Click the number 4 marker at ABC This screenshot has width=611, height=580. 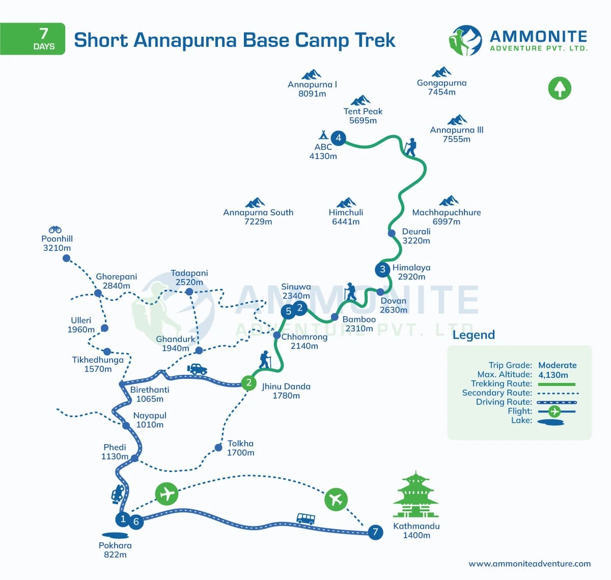click(338, 137)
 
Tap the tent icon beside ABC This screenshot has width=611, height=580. click(323, 135)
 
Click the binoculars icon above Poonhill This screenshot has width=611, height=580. click(55, 230)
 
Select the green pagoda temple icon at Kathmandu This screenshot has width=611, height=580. click(415, 494)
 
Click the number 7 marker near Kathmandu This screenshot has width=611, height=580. click(375, 533)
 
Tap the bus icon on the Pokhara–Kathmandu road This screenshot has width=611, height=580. click(305, 519)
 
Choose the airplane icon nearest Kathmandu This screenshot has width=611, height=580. click(336, 499)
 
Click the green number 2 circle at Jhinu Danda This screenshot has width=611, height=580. click(248, 382)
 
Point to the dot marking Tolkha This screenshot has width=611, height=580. click(218, 448)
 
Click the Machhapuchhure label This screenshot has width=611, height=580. click(446, 212)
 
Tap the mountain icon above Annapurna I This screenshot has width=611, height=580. click(311, 74)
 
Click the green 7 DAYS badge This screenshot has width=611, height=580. click(33, 39)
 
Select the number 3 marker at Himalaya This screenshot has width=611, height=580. click(382, 269)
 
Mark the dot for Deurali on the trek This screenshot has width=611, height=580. click(392, 233)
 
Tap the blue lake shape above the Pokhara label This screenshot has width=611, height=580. click(115, 535)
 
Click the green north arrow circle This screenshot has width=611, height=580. click(560, 88)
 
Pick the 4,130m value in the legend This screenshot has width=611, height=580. click(553, 375)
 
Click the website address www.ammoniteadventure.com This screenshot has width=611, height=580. click(530, 564)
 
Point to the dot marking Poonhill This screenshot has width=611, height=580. click(66, 258)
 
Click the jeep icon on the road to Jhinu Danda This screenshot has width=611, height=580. click(197, 369)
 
